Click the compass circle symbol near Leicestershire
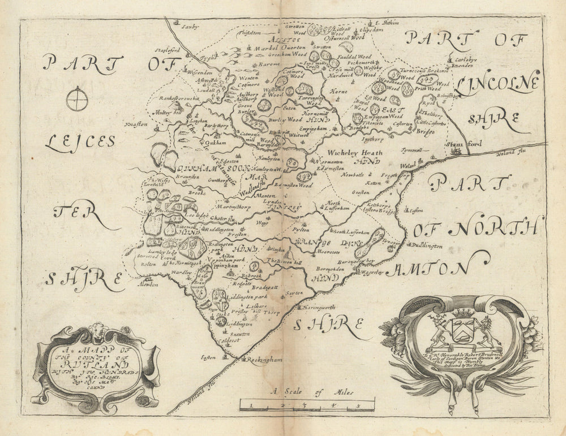(x=76, y=100)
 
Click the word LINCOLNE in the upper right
(x=497, y=85)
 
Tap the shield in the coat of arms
(x=462, y=327)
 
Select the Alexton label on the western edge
(x=147, y=284)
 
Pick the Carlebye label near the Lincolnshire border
(x=460, y=59)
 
